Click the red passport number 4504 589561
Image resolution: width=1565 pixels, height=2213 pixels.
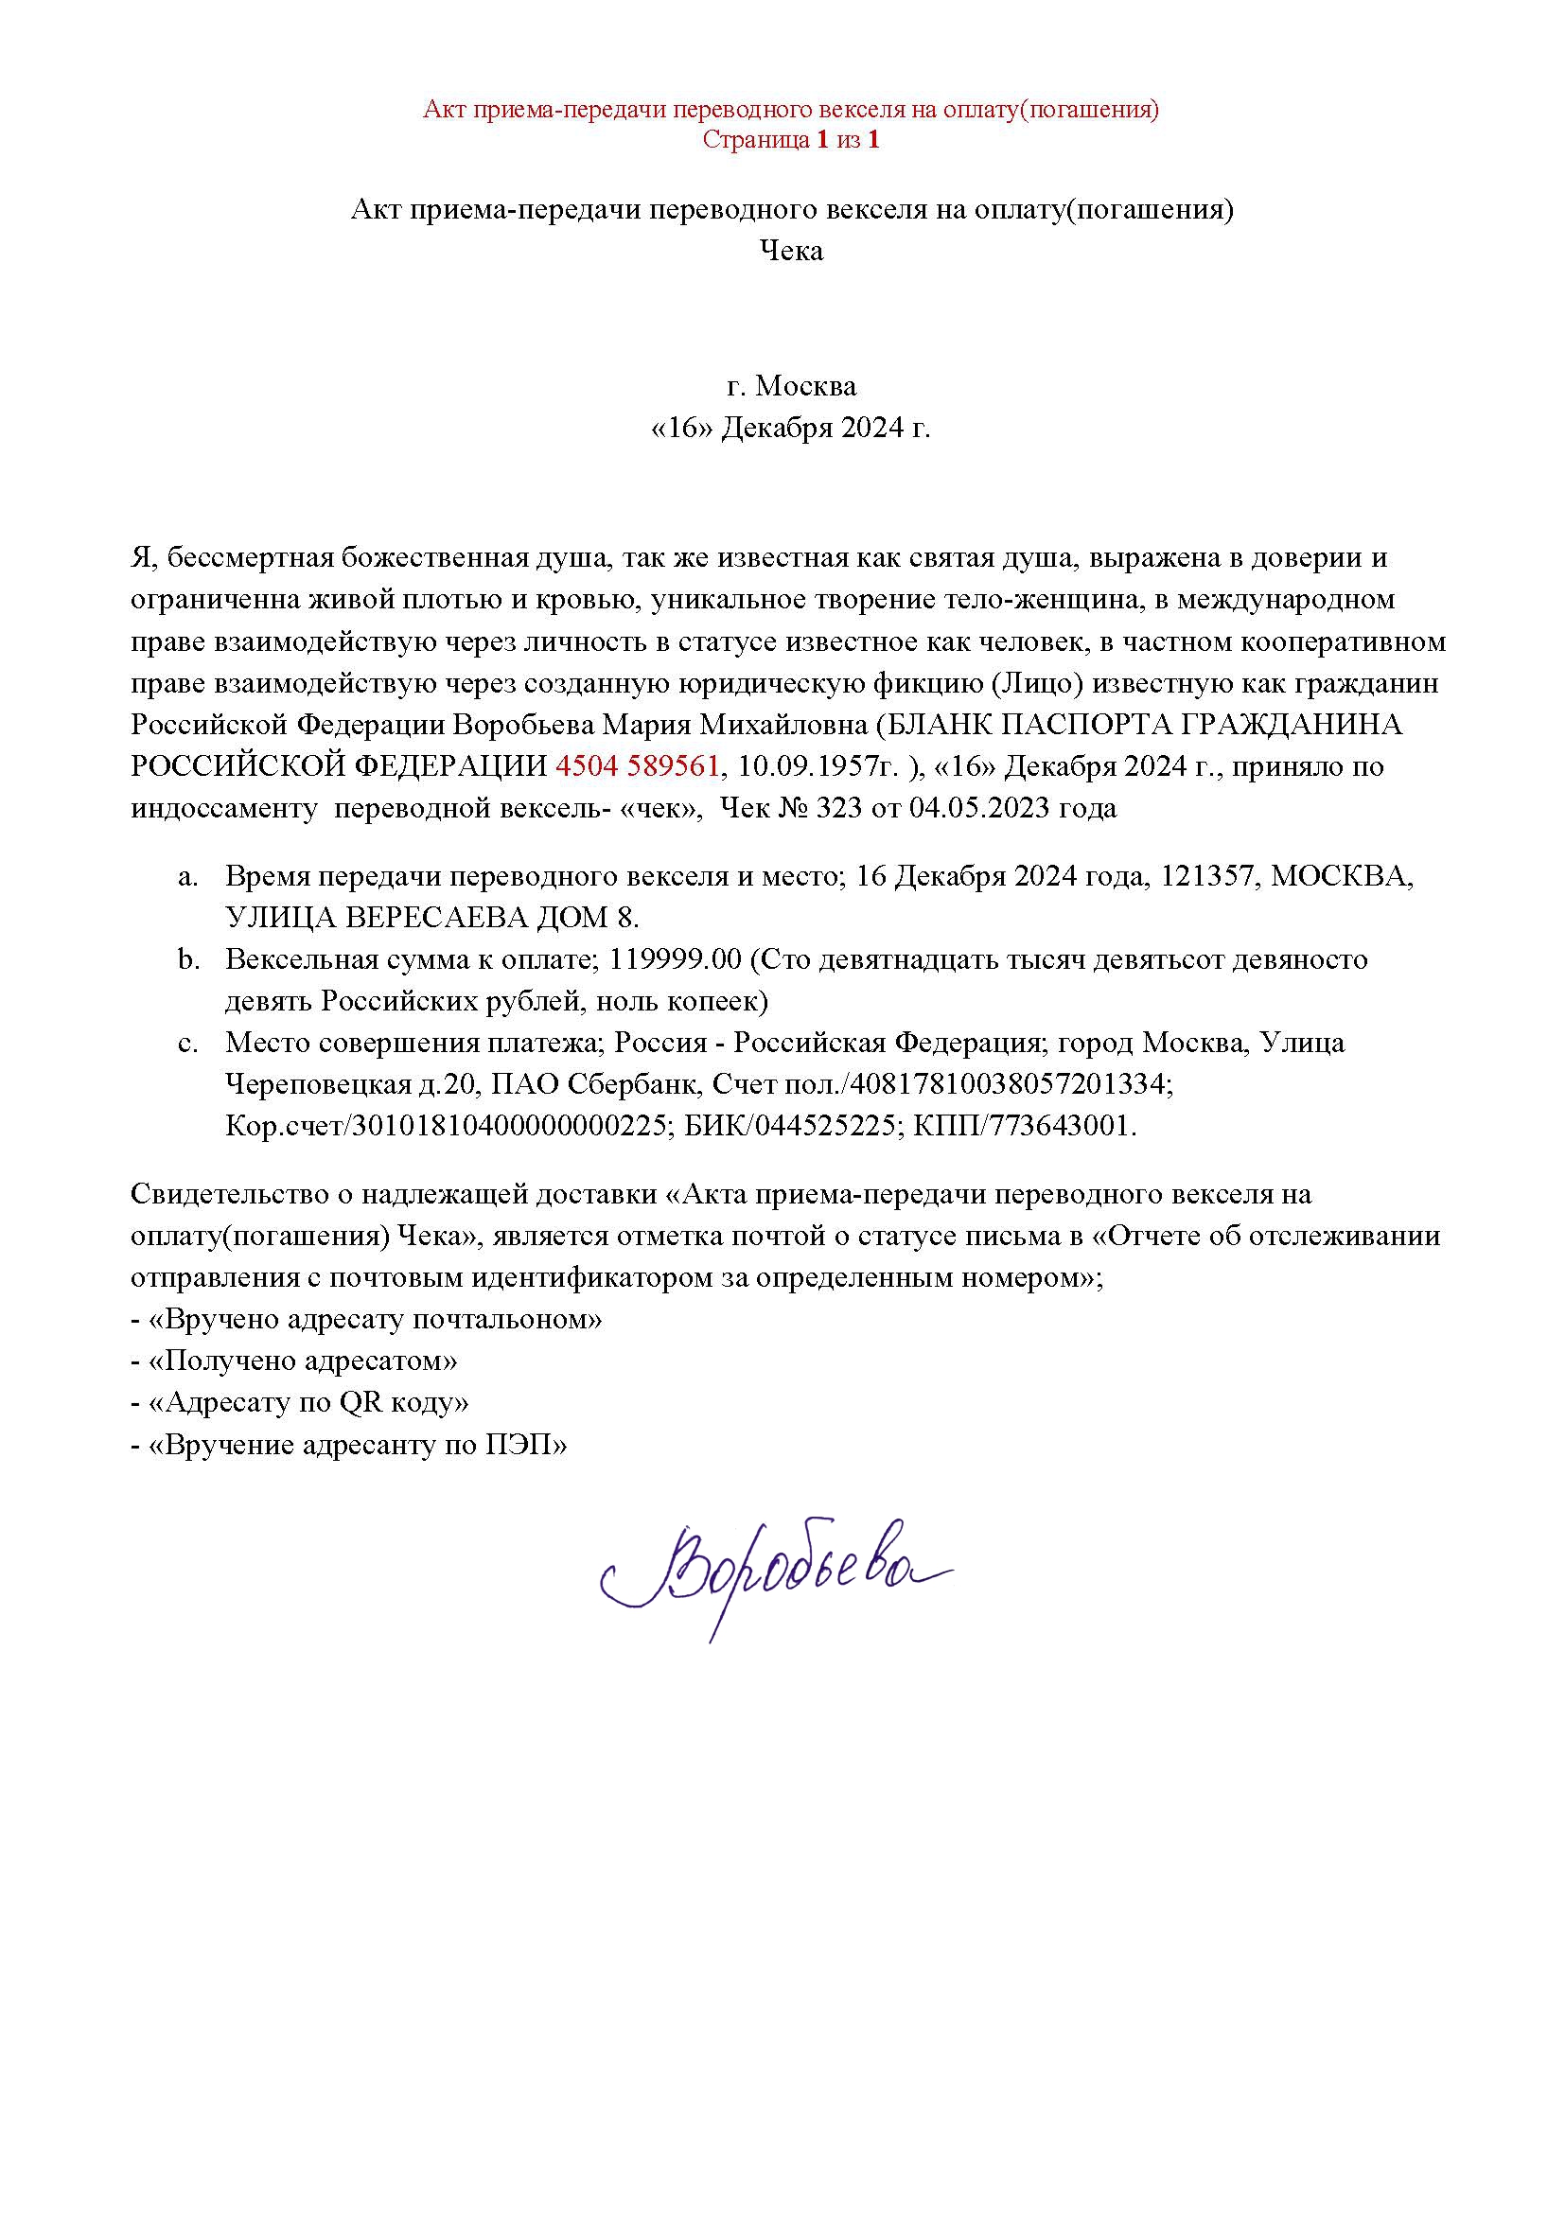[637, 766]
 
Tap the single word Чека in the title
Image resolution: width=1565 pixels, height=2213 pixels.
[791, 252]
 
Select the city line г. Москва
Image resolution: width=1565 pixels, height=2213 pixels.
[791, 387]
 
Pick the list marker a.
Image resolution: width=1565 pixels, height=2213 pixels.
[188, 876]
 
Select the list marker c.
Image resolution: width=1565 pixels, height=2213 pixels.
[188, 1043]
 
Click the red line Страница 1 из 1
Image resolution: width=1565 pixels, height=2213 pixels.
[791, 140]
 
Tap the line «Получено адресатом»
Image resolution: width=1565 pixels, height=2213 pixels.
[294, 1361]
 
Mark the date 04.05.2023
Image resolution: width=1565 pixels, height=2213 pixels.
[978, 808]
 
